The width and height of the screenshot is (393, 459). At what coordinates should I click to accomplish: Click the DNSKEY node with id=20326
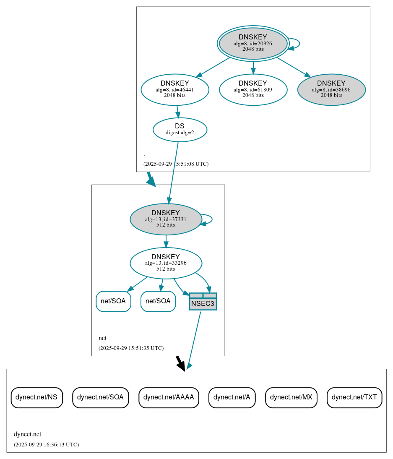click(x=253, y=43)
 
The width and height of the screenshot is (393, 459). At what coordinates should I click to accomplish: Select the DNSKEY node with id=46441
click(x=175, y=89)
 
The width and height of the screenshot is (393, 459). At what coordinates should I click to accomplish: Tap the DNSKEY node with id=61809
click(x=253, y=89)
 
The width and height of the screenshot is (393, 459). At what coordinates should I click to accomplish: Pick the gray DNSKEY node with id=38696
click(x=331, y=89)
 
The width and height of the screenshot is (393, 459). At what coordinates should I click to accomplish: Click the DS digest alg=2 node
click(x=180, y=129)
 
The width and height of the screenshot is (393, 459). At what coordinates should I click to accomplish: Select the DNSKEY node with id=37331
click(x=166, y=219)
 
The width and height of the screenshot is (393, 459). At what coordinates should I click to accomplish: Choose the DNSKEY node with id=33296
click(x=166, y=263)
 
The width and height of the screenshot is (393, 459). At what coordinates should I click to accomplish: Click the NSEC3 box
click(x=203, y=302)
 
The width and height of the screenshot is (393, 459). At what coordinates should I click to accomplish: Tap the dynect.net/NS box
click(x=36, y=397)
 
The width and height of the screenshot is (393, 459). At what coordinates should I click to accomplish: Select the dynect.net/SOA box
click(x=100, y=397)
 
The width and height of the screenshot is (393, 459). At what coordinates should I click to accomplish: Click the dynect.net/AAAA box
click(x=169, y=397)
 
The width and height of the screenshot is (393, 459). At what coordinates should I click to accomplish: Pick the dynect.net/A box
click(x=232, y=397)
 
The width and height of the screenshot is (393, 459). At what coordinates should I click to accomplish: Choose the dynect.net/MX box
click(x=291, y=397)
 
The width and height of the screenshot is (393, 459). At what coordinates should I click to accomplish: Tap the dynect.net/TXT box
click(x=354, y=397)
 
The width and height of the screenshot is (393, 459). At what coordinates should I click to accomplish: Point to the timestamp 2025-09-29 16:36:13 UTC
click(x=46, y=444)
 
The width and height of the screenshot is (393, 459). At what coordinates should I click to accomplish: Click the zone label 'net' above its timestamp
click(x=102, y=338)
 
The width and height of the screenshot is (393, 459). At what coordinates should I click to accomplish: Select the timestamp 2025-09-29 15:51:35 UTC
click(x=131, y=348)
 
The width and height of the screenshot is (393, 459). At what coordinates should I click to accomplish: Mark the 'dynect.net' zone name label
click(x=27, y=434)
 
